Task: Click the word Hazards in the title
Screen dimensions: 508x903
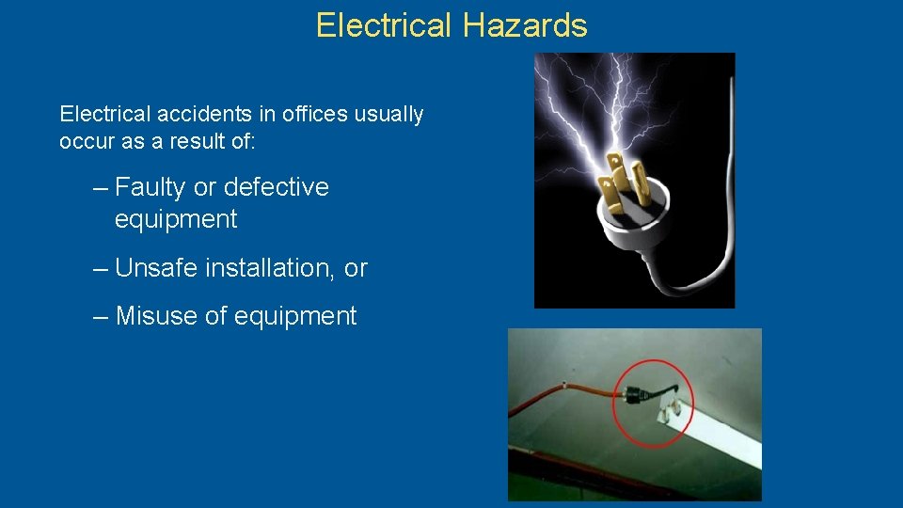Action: click(525, 25)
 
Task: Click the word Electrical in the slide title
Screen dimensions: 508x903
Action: click(385, 25)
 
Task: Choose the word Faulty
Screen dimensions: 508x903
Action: click(150, 187)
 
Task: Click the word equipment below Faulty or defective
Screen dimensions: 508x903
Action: click(176, 220)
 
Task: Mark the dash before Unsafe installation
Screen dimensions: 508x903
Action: click(101, 269)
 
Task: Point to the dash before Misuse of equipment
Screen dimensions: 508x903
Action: click(101, 317)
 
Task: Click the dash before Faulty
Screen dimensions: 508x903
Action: click(101, 188)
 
